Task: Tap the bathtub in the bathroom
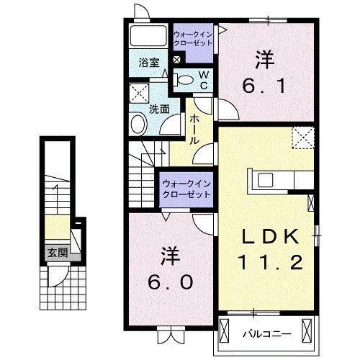(x=149, y=36)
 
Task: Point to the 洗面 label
(x=159, y=110)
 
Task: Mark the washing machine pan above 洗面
(x=138, y=94)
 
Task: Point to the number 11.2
(x=267, y=262)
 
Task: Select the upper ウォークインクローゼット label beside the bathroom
(x=193, y=37)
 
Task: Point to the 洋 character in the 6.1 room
(x=264, y=57)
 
